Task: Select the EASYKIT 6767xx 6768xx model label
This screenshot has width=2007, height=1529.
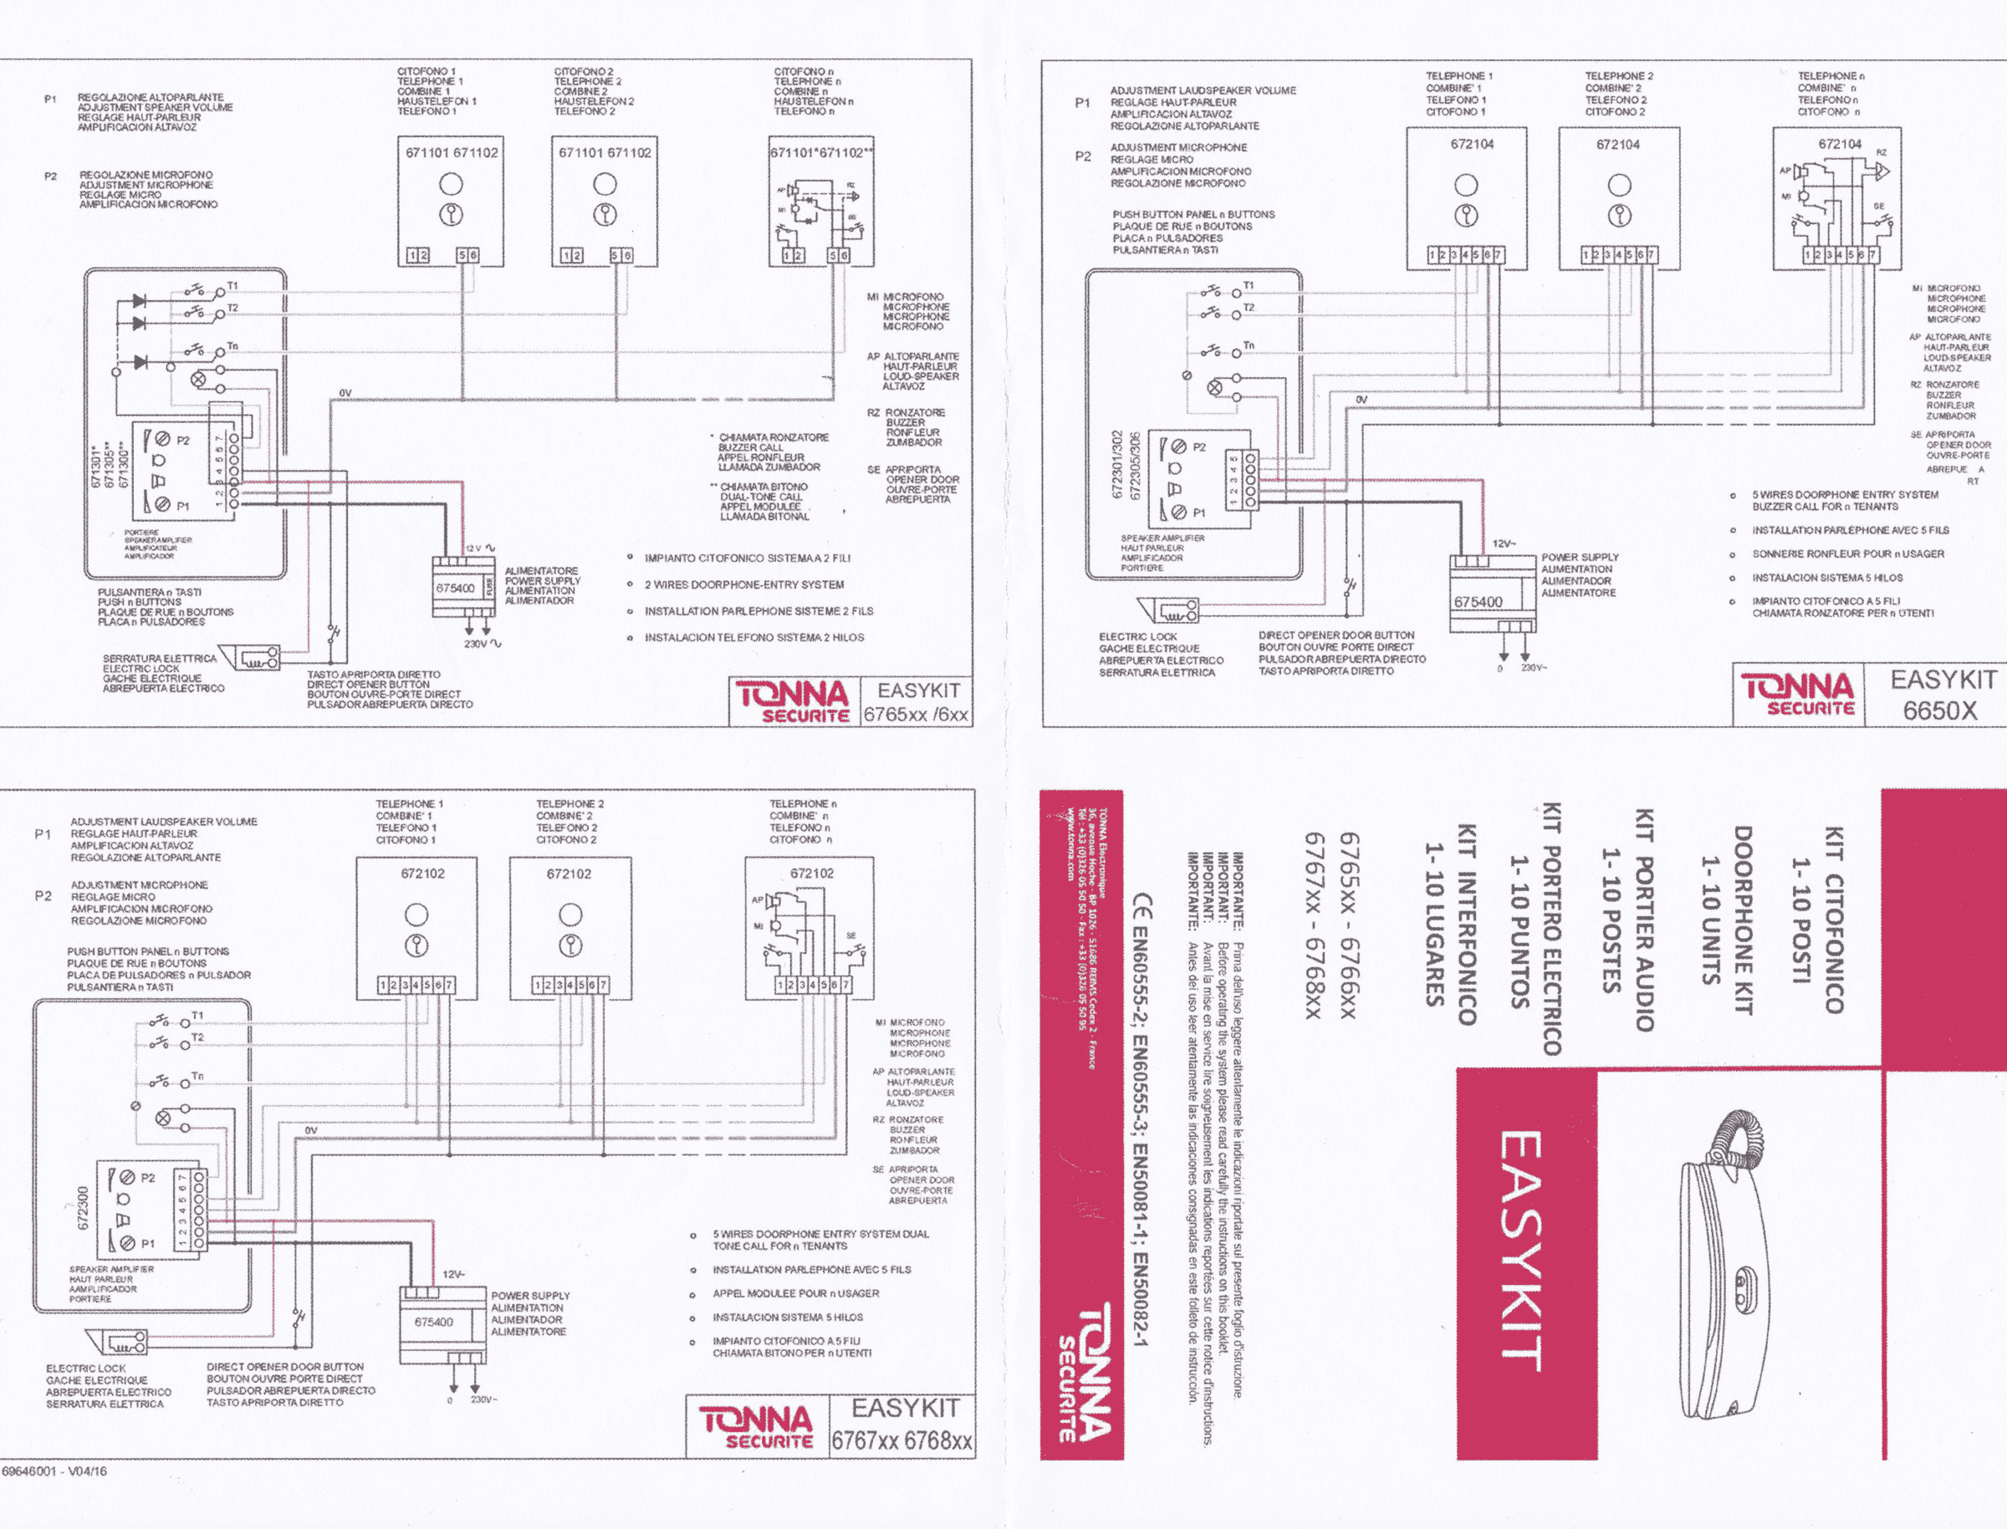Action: (x=901, y=1425)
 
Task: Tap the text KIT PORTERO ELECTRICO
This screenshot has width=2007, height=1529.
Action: (x=1552, y=928)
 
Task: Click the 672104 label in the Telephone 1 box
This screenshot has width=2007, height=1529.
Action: (x=1472, y=144)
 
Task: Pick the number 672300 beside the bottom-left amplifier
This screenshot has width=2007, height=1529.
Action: (x=83, y=1208)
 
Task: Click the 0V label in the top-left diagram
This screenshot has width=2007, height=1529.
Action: (x=346, y=393)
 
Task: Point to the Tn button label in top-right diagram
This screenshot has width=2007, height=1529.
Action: (x=1249, y=346)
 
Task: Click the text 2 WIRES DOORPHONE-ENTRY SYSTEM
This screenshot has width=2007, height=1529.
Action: (x=743, y=584)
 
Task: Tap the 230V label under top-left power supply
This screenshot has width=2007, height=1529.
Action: (x=476, y=644)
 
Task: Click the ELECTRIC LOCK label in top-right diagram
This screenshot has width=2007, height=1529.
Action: (x=1138, y=637)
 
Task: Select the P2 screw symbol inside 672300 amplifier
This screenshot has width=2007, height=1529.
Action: (x=127, y=1178)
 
